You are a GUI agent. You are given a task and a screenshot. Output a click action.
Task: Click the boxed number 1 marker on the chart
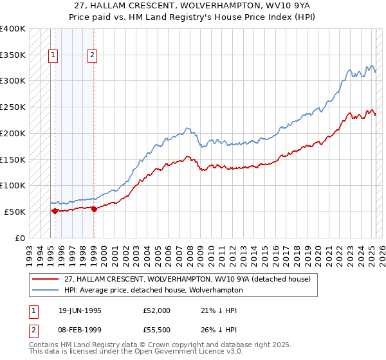(x=52, y=56)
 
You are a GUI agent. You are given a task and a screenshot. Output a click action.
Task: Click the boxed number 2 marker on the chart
(x=93, y=56)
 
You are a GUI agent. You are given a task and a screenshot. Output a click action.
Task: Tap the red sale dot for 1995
(x=55, y=210)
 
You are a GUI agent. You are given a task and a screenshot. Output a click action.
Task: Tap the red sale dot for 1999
(x=95, y=208)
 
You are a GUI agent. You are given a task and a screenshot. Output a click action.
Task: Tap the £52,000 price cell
(x=157, y=310)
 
